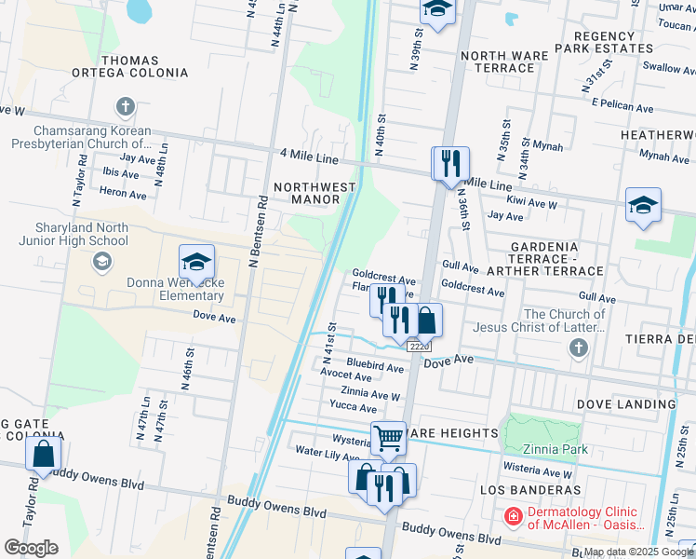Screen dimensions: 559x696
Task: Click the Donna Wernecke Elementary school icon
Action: pyautogui.click(x=196, y=262)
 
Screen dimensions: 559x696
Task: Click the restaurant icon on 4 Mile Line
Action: pyautogui.click(x=450, y=163)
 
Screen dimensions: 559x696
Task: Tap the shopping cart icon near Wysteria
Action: pyautogui.click(x=388, y=437)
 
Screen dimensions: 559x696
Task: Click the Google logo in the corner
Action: pyautogui.click(x=31, y=548)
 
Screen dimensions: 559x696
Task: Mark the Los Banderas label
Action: pyautogui.click(x=530, y=489)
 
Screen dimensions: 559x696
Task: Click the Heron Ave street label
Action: pyautogui.click(x=123, y=194)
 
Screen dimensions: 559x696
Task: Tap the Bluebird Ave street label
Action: pyautogui.click(x=374, y=367)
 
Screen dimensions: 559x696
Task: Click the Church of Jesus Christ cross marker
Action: pyautogui.click(x=579, y=348)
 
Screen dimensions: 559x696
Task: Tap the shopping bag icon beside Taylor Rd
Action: pyautogui.click(x=43, y=455)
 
